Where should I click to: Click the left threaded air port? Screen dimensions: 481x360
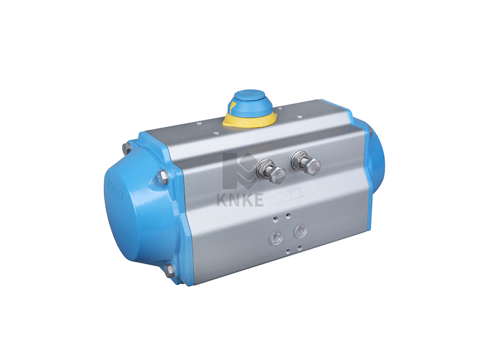pos(276,236)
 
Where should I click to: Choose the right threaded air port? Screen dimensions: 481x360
pos(300,230)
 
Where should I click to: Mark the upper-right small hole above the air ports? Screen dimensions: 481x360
pos(288,216)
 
